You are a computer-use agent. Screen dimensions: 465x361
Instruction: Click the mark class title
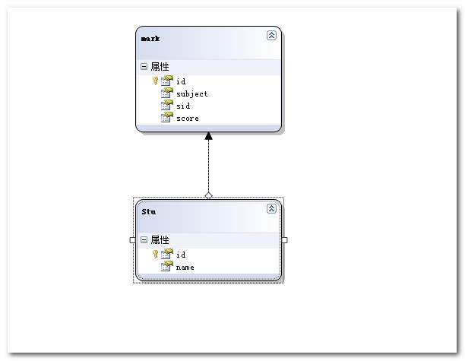tap(150, 38)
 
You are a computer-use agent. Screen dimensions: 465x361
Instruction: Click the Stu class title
tap(149, 211)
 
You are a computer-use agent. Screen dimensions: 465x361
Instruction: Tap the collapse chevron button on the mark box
tap(271, 35)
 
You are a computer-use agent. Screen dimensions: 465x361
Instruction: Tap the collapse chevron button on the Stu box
tap(271, 208)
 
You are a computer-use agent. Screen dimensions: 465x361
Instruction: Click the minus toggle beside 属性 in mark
tap(144, 67)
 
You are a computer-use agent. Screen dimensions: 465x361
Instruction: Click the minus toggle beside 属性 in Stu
tap(144, 240)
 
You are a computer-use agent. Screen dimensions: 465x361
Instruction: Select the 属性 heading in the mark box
tap(160, 67)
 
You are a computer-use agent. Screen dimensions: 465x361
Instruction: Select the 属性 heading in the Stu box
tap(160, 240)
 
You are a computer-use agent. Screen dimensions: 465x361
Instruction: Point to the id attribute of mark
tap(181, 81)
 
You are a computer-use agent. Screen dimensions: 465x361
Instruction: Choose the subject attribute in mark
tap(191, 93)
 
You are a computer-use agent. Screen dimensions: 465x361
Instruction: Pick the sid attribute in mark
tap(183, 106)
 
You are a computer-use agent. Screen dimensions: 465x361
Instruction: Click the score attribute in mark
tap(187, 119)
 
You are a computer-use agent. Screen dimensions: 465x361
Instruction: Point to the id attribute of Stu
tap(181, 255)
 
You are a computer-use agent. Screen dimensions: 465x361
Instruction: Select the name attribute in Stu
tap(185, 268)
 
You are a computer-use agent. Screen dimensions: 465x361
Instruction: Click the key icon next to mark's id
tap(156, 81)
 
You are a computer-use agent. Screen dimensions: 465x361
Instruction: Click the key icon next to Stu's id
tap(156, 254)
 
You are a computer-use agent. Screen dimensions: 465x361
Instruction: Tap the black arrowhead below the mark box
tap(209, 137)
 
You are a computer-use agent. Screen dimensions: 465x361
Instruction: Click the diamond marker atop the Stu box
tap(209, 195)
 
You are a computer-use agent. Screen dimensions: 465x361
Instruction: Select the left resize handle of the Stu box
tap(133, 240)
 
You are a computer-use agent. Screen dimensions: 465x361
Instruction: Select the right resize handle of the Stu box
tap(285, 240)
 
